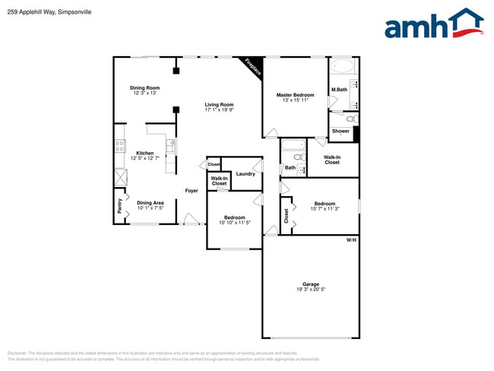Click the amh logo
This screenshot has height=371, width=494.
pyautogui.click(x=433, y=24)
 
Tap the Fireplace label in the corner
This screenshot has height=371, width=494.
pyautogui.click(x=253, y=67)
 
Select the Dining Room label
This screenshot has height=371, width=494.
pyautogui.click(x=144, y=88)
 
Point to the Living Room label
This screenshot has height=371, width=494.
pyautogui.click(x=219, y=105)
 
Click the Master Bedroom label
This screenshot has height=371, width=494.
pyautogui.click(x=295, y=95)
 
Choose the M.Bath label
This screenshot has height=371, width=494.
pyautogui.click(x=339, y=90)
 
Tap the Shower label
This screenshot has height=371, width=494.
pyautogui.click(x=340, y=131)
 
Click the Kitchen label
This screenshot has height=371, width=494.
pyautogui.click(x=144, y=153)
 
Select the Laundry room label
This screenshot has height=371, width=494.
pyautogui.click(x=245, y=174)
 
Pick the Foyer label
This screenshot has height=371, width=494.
pyautogui.click(x=192, y=191)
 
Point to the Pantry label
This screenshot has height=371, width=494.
pyautogui.click(x=119, y=205)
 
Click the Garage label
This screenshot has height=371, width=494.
pyautogui.click(x=312, y=284)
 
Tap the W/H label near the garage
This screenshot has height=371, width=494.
pyautogui.click(x=351, y=240)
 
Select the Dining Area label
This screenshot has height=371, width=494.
pyautogui.click(x=150, y=203)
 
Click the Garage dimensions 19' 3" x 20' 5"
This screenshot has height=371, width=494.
pyautogui.click(x=312, y=290)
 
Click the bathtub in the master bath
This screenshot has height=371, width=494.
pyautogui.click(x=341, y=65)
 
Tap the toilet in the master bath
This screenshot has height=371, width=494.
pyautogui.click(x=350, y=119)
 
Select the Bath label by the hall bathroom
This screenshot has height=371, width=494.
pyautogui.click(x=290, y=167)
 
